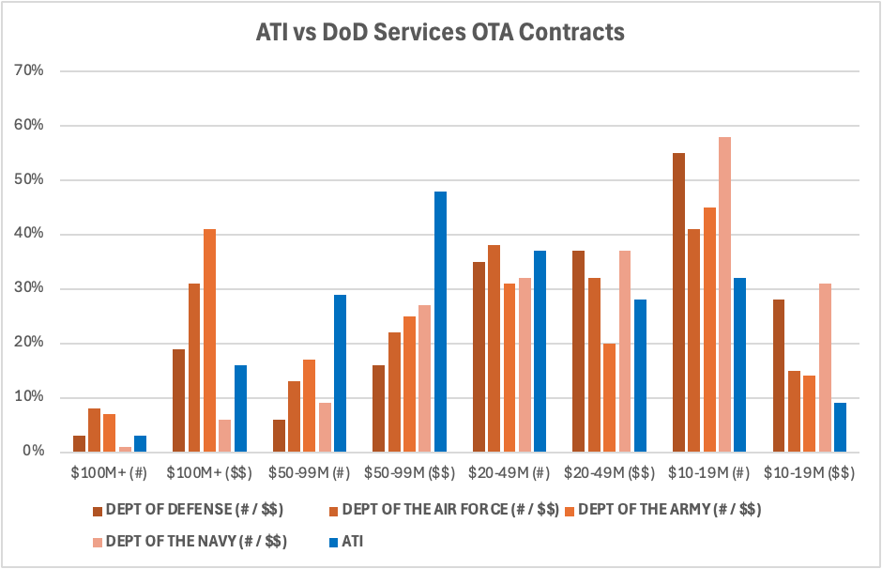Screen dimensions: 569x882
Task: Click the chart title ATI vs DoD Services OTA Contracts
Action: (x=440, y=33)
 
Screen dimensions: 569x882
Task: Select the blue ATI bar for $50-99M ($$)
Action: (x=440, y=321)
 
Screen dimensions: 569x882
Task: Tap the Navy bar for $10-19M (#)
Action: (x=723, y=294)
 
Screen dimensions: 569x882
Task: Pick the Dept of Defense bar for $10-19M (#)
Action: (x=678, y=302)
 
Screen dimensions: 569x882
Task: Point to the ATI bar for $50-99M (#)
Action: (x=340, y=373)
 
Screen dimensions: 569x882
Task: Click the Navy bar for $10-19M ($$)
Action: (x=824, y=367)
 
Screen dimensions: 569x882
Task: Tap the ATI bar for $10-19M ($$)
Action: (x=840, y=427)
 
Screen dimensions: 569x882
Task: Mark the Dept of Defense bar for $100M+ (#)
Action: (x=80, y=443)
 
